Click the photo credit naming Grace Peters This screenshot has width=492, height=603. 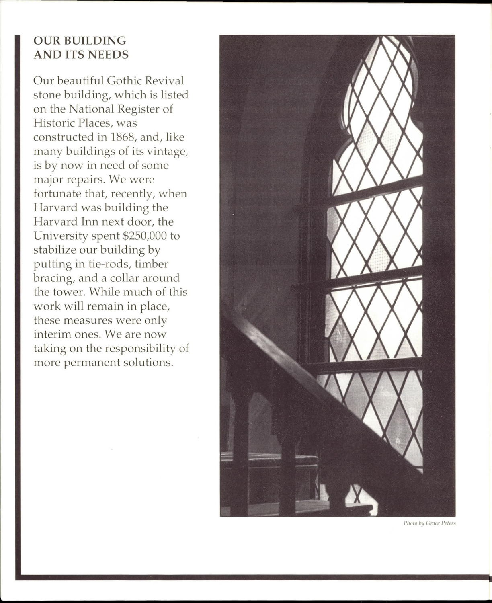pyautogui.click(x=429, y=523)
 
